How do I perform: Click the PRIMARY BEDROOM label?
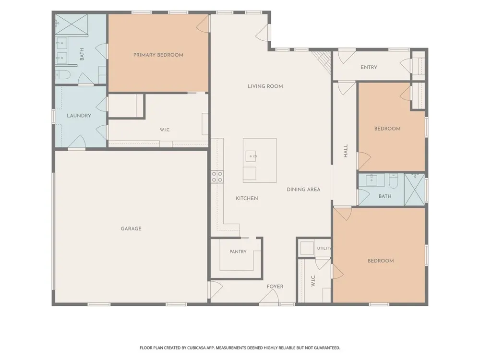point(158,55)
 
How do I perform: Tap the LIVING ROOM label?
point(265,86)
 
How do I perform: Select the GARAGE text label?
point(131,228)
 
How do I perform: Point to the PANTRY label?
point(238,252)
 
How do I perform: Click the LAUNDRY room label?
point(79,116)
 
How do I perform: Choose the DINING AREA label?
point(303,190)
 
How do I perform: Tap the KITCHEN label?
point(247,198)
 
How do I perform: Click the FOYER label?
point(275,287)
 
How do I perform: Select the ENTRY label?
point(369,67)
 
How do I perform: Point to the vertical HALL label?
point(346,151)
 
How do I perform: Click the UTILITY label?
point(324,248)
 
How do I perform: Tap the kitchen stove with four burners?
point(217,177)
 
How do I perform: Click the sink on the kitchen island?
point(252,156)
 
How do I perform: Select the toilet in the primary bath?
point(63,74)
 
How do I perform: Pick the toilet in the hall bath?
point(394,181)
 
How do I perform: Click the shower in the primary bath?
point(72,24)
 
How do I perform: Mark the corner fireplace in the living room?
point(323,61)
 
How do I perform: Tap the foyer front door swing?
point(269,296)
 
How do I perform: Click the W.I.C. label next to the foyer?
point(313,280)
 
